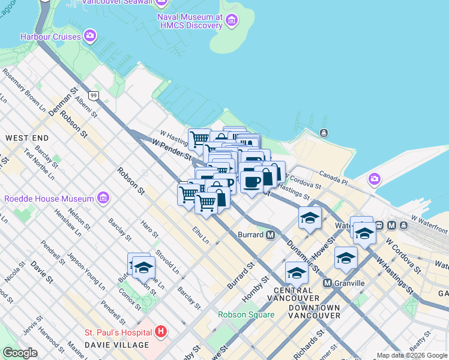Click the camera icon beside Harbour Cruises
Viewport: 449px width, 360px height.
(x=91, y=37)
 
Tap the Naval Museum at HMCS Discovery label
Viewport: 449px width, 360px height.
(x=190, y=22)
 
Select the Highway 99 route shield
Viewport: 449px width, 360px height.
(x=92, y=95)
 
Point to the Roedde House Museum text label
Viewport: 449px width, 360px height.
(x=49, y=199)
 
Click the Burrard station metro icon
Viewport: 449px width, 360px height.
(x=271, y=235)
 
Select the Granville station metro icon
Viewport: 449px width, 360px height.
(x=327, y=283)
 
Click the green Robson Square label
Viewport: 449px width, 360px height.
(x=246, y=314)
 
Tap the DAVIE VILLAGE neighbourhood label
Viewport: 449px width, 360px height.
(x=116, y=345)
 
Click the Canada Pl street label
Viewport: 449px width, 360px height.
(x=333, y=178)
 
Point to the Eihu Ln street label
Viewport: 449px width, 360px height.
(x=200, y=234)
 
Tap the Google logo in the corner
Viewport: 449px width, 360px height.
(x=20, y=353)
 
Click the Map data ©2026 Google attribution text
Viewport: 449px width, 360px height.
(x=412, y=356)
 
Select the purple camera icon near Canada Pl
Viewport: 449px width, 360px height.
(x=375, y=179)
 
